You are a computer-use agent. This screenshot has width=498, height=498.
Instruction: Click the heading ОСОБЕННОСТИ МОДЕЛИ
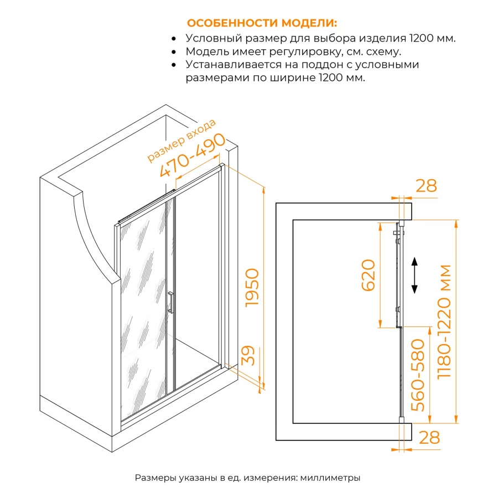[262, 23]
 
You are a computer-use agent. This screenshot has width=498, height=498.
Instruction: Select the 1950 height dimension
[252, 288]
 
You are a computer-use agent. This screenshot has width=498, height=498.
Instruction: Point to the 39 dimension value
[250, 355]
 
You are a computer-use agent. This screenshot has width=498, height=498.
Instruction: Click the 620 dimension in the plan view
[369, 275]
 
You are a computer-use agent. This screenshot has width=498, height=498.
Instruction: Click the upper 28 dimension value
[426, 186]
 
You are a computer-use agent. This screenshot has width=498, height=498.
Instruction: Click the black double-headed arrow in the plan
[414, 274]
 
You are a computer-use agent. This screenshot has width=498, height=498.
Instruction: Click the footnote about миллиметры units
[247, 478]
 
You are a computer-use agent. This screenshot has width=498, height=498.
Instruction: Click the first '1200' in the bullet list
[422, 39]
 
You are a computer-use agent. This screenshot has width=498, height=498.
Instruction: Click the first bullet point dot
[174, 39]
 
